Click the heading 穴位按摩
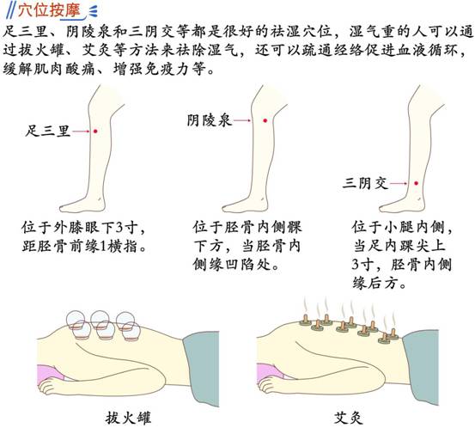(x=48, y=11)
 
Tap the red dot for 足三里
(x=95, y=131)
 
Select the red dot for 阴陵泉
(x=265, y=120)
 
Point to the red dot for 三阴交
(x=417, y=183)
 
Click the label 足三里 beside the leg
(x=48, y=131)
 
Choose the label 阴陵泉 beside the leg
(x=210, y=121)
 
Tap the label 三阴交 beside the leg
(x=365, y=183)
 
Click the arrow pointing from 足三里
(x=82, y=131)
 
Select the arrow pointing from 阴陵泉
(x=242, y=120)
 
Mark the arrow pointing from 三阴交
(x=399, y=183)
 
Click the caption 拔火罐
(x=128, y=419)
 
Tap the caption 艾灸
(x=349, y=419)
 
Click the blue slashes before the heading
(x=11, y=11)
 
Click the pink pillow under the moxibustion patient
(x=270, y=374)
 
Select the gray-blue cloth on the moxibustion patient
(x=421, y=367)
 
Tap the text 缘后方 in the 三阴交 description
(x=375, y=284)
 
